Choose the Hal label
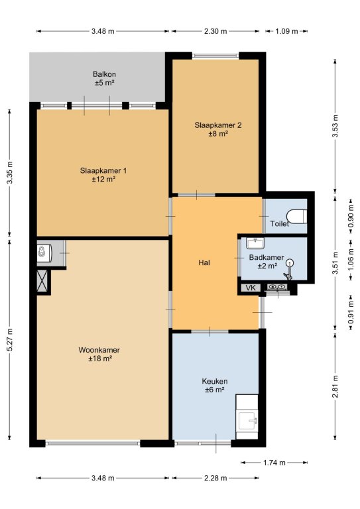click(204, 262)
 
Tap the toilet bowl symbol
click(297, 217)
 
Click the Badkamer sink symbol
click(255, 243)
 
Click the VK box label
click(251, 288)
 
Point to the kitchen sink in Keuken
click(248, 420)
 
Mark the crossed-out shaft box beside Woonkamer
click(42, 282)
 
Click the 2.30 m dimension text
click(215, 31)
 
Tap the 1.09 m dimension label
click(286, 31)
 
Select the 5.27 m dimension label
click(10, 339)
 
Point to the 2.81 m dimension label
click(335, 386)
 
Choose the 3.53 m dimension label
click(335, 126)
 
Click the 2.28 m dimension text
click(215, 478)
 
